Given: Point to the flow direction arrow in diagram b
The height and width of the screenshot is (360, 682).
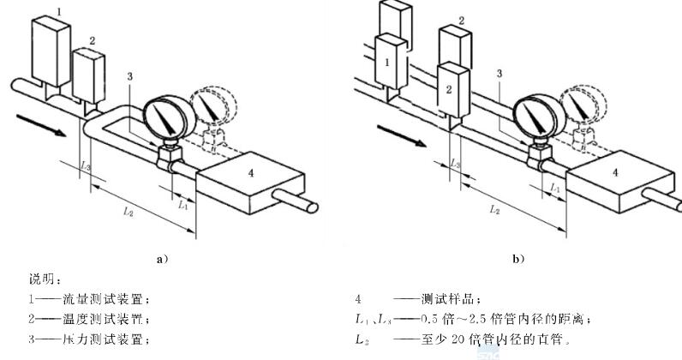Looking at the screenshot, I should click(404, 133).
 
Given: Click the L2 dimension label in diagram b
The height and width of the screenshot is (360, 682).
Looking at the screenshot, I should click(494, 207).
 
